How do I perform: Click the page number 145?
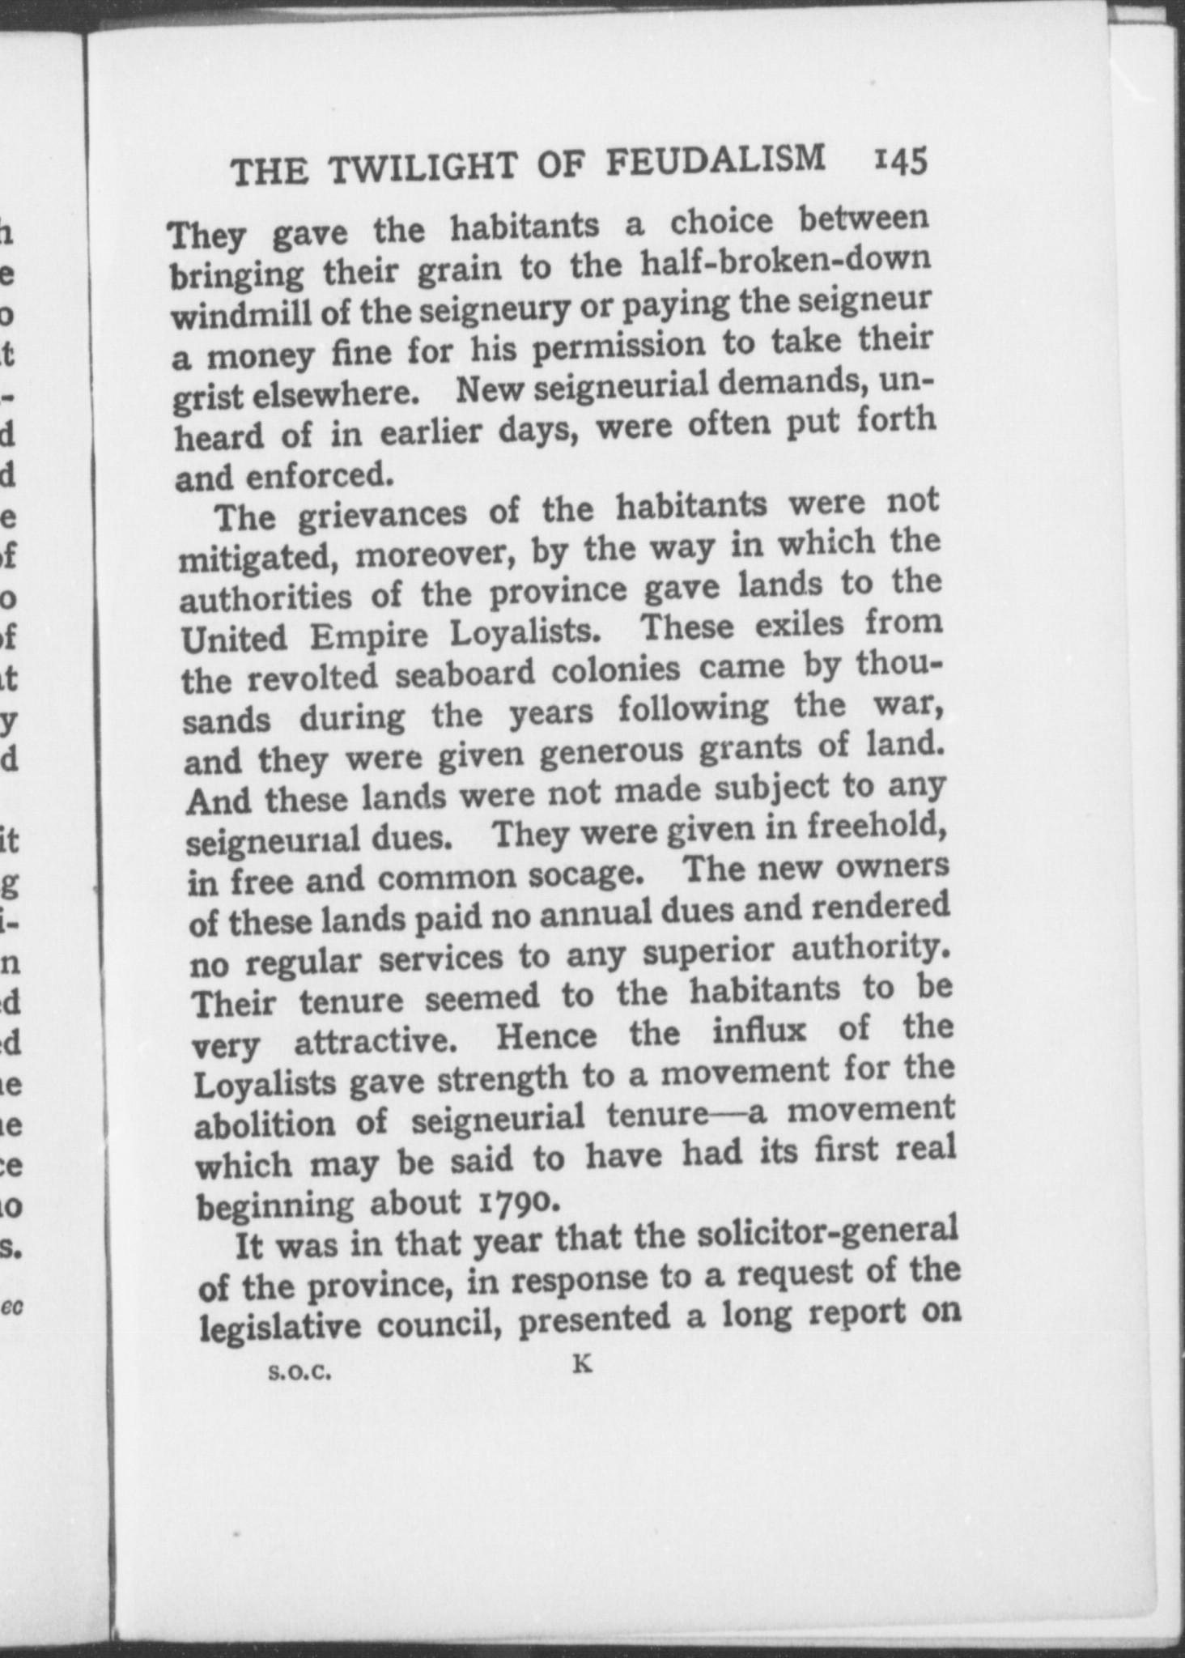point(898,161)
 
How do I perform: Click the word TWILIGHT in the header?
point(430,168)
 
